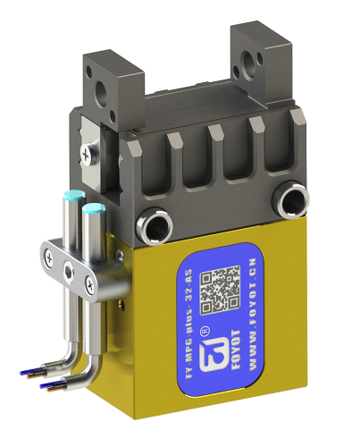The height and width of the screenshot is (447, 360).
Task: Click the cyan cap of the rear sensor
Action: (71, 198)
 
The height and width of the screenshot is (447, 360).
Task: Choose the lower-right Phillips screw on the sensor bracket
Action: (88, 285)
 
